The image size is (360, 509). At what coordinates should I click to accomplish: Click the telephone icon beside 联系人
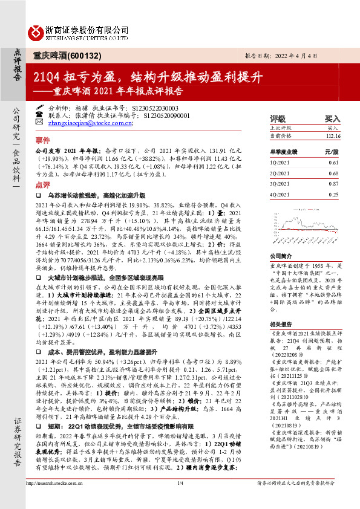click(39, 113)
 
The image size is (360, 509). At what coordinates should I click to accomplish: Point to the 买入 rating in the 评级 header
click(332, 119)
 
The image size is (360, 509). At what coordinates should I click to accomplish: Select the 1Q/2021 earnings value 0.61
click(333, 163)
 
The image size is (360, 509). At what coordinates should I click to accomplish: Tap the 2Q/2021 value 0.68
click(333, 173)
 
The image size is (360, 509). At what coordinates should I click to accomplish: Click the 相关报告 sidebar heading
click(281, 323)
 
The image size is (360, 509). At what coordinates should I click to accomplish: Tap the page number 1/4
click(180, 500)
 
